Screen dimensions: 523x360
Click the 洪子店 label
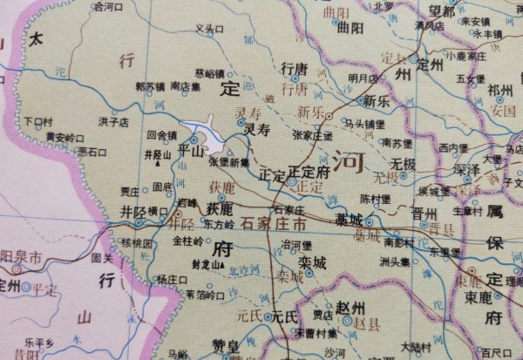(113, 121)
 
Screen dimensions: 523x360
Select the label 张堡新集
(229, 161)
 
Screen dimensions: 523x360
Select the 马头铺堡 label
(363, 124)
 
